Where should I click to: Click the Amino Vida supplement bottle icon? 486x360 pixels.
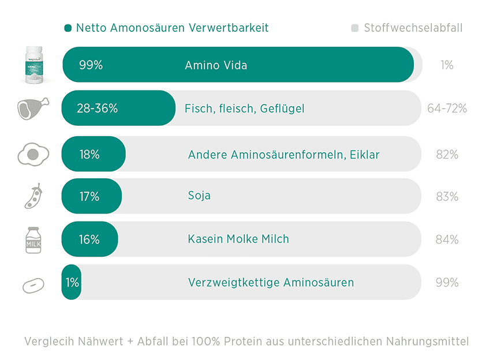pyautogui.click(x=33, y=63)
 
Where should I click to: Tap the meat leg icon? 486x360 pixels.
pyautogui.click(x=33, y=108)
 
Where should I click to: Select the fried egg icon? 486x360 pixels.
pyautogui.click(x=33, y=154)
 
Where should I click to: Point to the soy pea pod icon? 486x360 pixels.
pyautogui.click(x=33, y=196)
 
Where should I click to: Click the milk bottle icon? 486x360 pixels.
pyautogui.click(x=33, y=239)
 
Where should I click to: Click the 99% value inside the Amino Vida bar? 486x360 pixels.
pyautogui.click(x=91, y=65)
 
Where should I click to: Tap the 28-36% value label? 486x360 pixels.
pyautogui.click(x=97, y=108)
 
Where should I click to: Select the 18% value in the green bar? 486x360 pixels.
pyautogui.click(x=89, y=155)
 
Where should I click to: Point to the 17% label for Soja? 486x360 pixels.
pyautogui.click(x=89, y=197)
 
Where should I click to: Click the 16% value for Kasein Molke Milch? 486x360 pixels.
pyautogui.click(x=89, y=239)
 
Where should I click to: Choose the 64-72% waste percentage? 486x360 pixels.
pyautogui.click(x=447, y=108)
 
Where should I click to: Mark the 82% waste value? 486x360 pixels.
pyautogui.click(x=447, y=155)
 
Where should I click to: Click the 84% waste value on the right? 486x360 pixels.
pyautogui.click(x=447, y=239)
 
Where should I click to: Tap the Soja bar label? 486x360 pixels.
pyautogui.click(x=199, y=196)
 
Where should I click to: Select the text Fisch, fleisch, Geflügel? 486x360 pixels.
pyautogui.click(x=244, y=108)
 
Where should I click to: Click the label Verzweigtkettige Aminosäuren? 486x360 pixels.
pyautogui.click(x=271, y=283)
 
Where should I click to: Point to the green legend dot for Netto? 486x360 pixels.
pyautogui.click(x=68, y=28)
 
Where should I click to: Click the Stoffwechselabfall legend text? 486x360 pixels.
pyautogui.click(x=413, y=28)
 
